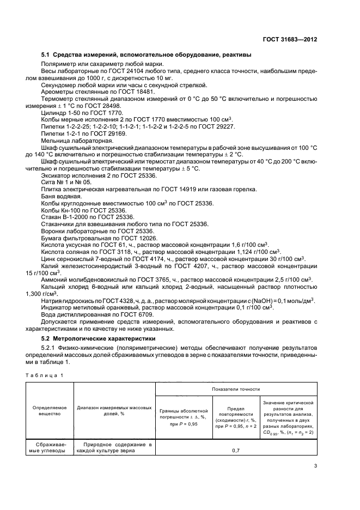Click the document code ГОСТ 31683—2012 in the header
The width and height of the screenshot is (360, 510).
coord(290,39)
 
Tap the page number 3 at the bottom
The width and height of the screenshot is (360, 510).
coord(315,466)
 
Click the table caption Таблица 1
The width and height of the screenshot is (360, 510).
coord(44,375)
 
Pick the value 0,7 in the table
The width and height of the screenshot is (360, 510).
coord(235,451)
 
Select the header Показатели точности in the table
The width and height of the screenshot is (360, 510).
coord(236,389)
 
